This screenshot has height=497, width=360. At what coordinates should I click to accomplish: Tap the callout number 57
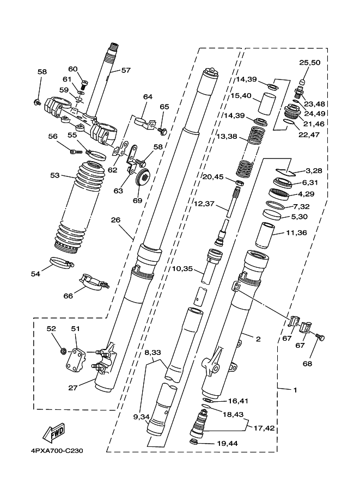click(126, 70)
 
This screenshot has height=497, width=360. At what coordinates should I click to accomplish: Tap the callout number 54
click(35, 274)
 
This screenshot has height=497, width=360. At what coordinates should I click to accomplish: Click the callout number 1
click(295, 390)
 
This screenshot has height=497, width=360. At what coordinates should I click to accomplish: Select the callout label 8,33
click(152, 353)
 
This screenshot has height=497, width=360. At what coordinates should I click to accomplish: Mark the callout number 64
click(148, 97)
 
